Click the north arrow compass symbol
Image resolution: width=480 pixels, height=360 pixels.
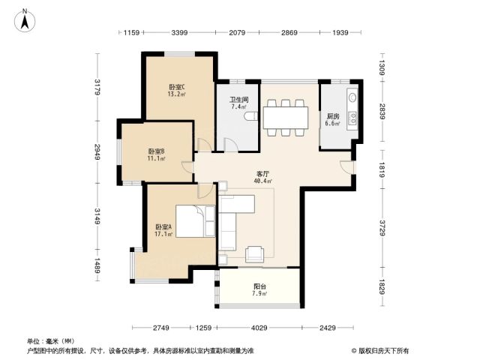(25, 20)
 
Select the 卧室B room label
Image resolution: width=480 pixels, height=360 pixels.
(157, 151)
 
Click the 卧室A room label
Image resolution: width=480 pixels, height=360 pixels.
(163, 226)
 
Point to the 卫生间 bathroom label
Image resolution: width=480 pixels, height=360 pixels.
(239, 100)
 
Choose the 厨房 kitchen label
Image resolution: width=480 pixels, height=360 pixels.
(333, 116)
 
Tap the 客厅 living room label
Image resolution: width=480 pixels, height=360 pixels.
(262, 174)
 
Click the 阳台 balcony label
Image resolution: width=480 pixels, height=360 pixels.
(259, 286)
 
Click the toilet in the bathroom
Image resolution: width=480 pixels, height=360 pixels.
(251, 116)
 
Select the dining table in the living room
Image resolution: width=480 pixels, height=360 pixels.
(286, 118)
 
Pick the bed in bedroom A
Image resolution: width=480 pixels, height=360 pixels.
(195, 221)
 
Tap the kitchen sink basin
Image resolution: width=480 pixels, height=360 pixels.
(352, 97)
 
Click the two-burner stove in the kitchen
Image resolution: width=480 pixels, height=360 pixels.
(353, 118)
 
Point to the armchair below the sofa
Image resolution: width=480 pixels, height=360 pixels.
(254, 254)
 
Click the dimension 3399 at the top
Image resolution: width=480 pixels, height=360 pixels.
(179, 32)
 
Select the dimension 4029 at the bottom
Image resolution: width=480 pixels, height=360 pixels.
(259, 328)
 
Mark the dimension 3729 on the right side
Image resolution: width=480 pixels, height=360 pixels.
(382, 228)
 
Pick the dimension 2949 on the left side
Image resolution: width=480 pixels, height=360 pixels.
(97, 151)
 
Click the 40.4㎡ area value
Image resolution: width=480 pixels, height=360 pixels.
(262, 181)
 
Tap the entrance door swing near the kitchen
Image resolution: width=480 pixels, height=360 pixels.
(347, 166)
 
